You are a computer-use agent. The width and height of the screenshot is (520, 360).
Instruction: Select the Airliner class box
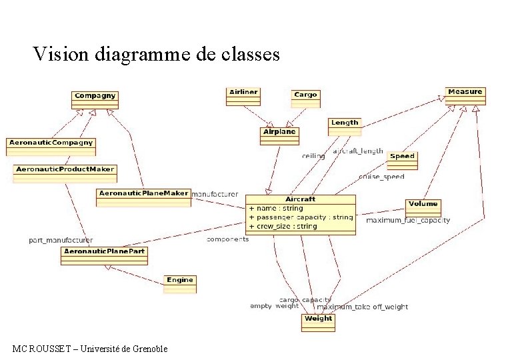(243, 96)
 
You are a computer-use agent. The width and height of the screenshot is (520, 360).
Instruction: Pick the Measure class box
(465, 95)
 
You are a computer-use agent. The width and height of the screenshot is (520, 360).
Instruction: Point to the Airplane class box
(279, 135)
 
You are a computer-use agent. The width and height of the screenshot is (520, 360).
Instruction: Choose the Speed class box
(402, 159)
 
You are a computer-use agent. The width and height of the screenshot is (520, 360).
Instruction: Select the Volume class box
(423, 207)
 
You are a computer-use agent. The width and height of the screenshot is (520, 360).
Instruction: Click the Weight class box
(318, 321)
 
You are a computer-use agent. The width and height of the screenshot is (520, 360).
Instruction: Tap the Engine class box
(179, 283)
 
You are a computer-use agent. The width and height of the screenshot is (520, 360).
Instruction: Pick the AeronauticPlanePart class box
(104, 255)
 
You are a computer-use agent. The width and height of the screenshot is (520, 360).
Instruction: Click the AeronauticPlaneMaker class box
(143, 197)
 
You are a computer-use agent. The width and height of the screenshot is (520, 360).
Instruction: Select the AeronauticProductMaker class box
(64, 172)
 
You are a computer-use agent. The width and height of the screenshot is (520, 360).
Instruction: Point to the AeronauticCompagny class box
(51, 145)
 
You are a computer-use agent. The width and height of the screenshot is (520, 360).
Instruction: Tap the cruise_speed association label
(381, 177)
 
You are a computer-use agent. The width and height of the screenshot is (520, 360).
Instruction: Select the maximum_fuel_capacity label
(408, 220)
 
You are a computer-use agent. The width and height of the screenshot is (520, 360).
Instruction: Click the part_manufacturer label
(61, 240)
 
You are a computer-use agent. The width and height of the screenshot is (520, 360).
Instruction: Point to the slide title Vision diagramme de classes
(157, 54)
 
